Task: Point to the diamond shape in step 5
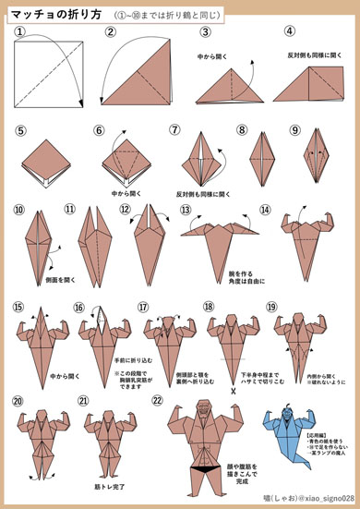click(x=49, y=159)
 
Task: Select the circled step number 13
click(x=185, y=211)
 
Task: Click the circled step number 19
click(x=271, y=307)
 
